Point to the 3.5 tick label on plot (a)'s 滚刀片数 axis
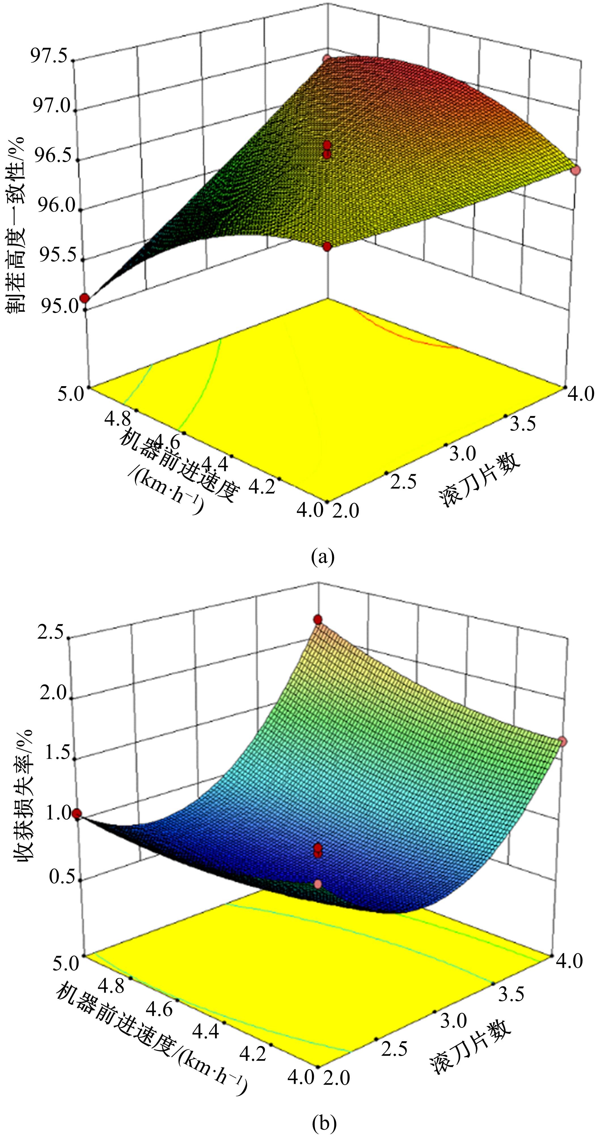pyautogui.click(x=523, y=423)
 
